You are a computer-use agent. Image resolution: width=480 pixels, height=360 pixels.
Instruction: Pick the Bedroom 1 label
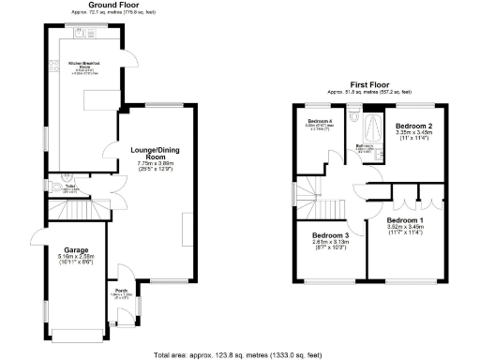[x=406, y=219]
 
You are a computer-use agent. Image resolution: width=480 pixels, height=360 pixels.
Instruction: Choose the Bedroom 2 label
[x=413, y=126]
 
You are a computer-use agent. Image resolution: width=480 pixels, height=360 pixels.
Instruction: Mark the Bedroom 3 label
[x=330, y=234]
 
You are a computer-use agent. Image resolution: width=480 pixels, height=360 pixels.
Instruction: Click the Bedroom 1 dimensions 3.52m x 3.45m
[x=406, y=228]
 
